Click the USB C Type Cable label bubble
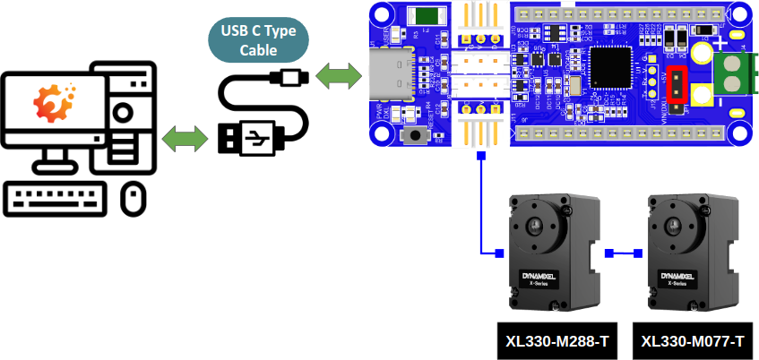point(258,41)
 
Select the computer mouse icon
point(134,198)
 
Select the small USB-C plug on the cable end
point(292,77)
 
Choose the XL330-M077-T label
point(694,341)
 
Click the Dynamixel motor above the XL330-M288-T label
point(549,252)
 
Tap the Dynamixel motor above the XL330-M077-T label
point(688,252)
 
